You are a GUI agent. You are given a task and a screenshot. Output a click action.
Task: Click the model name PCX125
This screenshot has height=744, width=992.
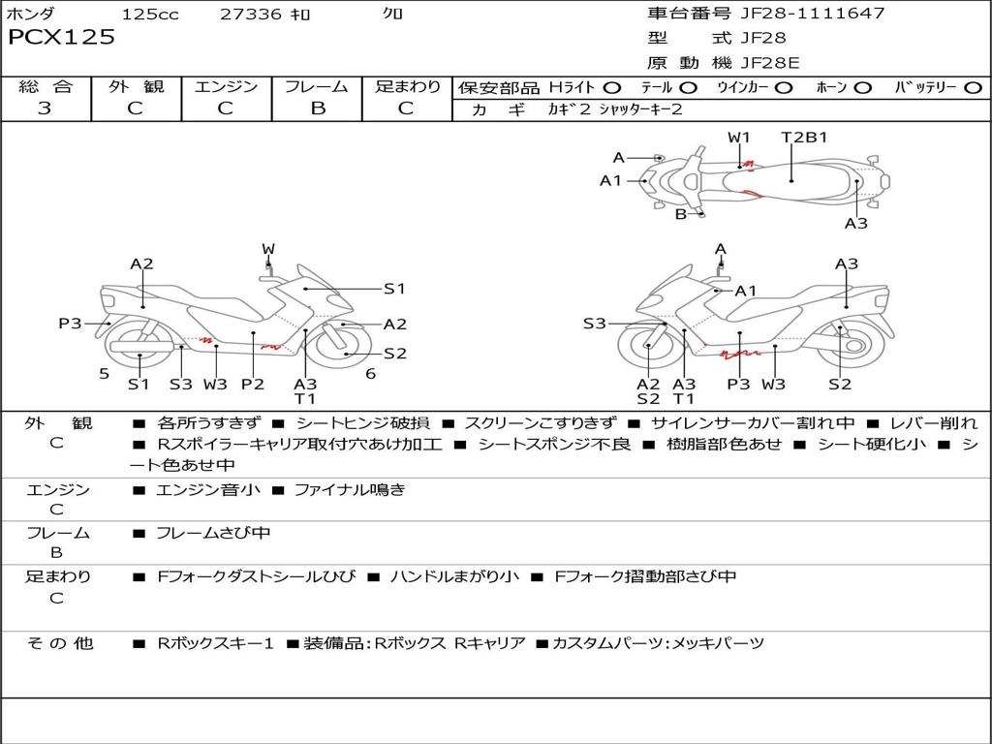(x=61, y=38)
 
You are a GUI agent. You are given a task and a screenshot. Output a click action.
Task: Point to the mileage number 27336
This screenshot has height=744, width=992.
(x=250, y=14)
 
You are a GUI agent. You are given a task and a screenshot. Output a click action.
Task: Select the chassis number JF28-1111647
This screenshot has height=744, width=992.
(x=812, y=14)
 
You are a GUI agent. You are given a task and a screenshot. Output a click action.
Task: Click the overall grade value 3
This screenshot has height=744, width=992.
(x=45, y=108)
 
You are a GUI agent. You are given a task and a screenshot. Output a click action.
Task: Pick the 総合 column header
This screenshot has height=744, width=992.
(x=45, y=86)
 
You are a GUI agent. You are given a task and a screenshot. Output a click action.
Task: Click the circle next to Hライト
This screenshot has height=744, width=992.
(x=612, y=87)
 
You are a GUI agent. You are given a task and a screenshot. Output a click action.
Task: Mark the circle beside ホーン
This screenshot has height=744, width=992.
(x=862, y=87)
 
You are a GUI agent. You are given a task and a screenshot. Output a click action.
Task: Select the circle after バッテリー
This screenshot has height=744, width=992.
(x=973, y=87)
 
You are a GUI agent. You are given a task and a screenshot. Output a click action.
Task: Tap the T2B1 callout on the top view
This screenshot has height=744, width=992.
(x=804, y=137)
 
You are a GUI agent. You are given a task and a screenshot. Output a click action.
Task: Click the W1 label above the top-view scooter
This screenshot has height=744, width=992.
(x=739, y=137)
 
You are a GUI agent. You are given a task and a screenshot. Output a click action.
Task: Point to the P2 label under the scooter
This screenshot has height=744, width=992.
(x=252, y=384)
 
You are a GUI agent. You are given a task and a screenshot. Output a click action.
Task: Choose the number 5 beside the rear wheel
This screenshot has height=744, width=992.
(x=104, y=373)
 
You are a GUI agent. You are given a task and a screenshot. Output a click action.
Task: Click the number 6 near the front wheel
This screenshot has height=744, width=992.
(x=370, y=373)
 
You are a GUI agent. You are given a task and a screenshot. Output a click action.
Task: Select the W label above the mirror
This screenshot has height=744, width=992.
(x=268, y=249)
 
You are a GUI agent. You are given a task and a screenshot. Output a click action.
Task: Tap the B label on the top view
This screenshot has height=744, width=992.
(x=681, y=214)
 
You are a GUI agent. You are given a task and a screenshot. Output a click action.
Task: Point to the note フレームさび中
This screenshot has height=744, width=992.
(x=213, y=533)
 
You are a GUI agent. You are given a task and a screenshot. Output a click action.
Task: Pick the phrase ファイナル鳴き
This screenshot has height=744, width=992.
(x=349, y=490)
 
